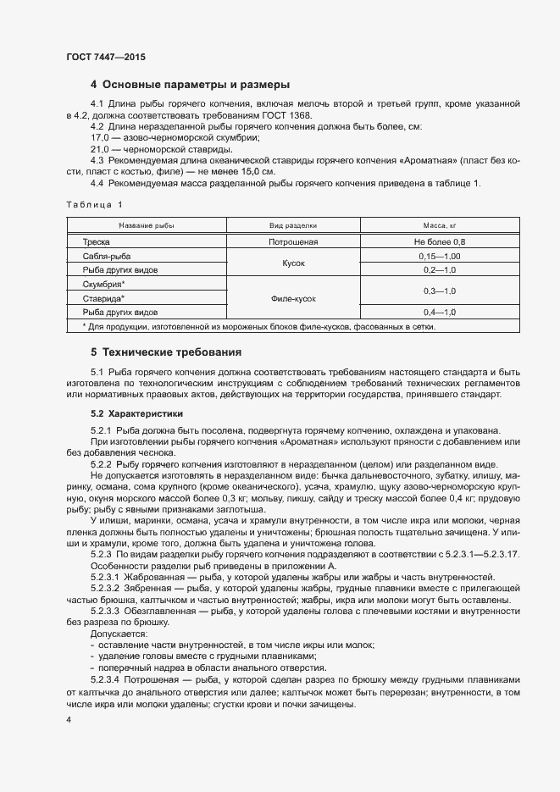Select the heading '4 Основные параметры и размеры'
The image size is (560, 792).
191,85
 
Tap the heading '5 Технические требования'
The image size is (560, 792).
166,352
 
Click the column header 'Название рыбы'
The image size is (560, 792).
147,226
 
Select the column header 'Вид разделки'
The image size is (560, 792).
293,226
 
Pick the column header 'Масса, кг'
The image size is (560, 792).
440,226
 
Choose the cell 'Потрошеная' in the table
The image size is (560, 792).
293,241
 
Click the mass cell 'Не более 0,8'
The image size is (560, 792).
440,241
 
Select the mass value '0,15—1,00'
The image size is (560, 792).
440,256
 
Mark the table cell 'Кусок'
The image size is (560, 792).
293,263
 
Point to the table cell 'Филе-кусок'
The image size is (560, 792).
293,298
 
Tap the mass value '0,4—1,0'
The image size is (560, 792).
440,313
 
